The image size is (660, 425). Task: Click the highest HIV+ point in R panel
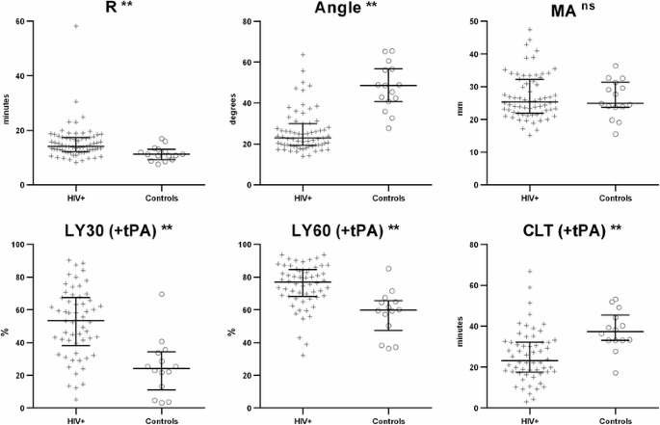[x=77, y=26]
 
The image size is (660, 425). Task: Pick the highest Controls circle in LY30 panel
[x=149, y=294]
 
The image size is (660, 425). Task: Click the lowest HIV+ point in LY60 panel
[x=304, y=355]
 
